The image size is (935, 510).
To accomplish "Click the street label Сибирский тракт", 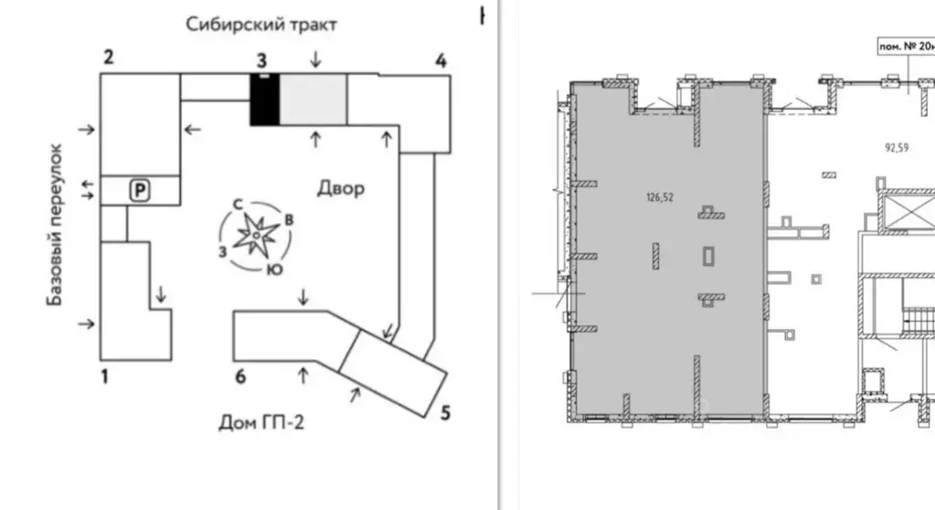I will tap(261, 24).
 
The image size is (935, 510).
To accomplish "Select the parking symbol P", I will tap(141, 190).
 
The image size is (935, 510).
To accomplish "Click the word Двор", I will tap(341, 188).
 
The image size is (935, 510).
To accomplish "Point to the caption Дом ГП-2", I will tap(260, 422).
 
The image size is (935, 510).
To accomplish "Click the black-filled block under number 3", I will tap(264, 101).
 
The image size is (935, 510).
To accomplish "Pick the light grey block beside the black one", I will tap(312, 101).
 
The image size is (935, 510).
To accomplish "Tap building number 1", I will tap(104, 375).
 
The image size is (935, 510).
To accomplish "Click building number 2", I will tap(108, 58).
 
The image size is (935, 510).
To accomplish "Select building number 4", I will tap(441, 61).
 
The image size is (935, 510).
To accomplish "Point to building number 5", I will tap(445, 412).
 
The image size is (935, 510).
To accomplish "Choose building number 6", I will tap(240, 376).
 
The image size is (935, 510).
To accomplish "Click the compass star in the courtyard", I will tap(257, 237).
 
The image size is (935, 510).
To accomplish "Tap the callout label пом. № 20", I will tap(905, 45).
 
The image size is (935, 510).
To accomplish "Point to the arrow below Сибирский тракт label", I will tap(315, 59).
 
